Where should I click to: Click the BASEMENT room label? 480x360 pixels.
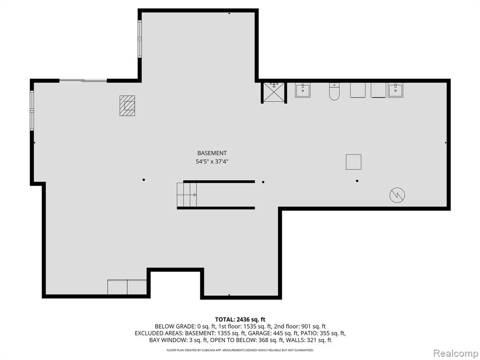(x=212, y=153)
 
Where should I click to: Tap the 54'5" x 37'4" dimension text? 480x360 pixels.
(x=212, y=161)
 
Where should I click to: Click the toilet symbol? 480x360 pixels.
(x=334, y=91)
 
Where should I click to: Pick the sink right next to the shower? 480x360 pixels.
(x=303, y=90)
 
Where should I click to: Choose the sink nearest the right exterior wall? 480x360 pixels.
(x=396, y=90)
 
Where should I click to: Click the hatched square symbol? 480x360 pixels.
(x=127, y=105)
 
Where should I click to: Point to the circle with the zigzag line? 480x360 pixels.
(x=397, y=195)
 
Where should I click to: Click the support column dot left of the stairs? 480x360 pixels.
(x=143, y=180)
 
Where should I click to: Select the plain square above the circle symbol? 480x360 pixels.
(x=353, y=162)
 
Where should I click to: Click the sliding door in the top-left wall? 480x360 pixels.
(x=83, y=81)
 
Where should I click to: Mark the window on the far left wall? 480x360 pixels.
(x=31, y=110)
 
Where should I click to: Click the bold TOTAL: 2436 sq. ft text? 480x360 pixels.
(x=240, y=320)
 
